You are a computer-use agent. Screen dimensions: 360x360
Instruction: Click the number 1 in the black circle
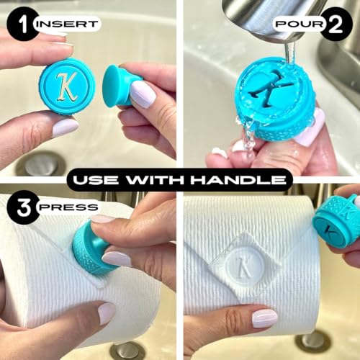[23, 24]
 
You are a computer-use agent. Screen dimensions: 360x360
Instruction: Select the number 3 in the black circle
[23, 207]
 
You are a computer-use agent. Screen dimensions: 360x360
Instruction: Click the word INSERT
[68, 24]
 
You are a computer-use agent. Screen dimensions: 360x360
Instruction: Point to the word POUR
[300, 24]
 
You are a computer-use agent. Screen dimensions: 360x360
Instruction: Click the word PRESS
[68, 207]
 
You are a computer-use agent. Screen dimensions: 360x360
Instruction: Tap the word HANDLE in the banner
[238, 180]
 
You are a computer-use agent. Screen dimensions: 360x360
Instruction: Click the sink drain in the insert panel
[42, 164]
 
